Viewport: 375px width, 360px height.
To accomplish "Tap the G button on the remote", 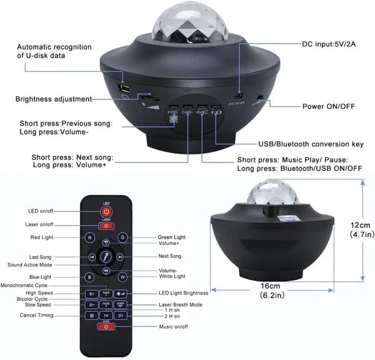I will coord(122,237).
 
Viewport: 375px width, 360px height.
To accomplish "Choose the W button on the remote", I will coord(122,276).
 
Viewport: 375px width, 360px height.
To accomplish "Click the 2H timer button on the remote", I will coord(121,316).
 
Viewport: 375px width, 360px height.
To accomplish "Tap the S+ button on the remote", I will coord(91,293).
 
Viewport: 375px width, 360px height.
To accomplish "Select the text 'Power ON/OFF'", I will coord(329,106).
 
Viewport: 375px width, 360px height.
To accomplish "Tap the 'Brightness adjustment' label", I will coord(54,99).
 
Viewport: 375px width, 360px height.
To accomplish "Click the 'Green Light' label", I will coord(170,237).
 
